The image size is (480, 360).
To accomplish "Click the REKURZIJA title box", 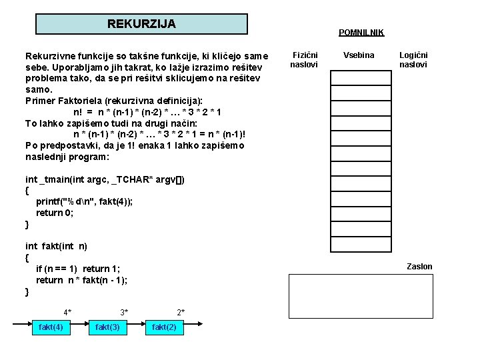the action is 141,24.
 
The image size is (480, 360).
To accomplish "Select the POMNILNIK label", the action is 361,33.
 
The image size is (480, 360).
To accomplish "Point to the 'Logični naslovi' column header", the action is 413,60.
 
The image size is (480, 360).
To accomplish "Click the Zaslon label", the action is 419,267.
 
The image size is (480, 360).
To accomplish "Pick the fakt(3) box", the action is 108,327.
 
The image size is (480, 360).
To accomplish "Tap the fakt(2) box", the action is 164,327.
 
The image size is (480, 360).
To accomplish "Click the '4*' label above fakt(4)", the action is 67,312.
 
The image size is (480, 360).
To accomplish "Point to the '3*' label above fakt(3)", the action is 124,312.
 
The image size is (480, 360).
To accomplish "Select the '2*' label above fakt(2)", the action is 181,312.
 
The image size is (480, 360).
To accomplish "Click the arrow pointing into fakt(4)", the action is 21,327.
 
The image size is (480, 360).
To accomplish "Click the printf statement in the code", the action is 84,202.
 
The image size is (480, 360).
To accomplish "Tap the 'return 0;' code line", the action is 55,213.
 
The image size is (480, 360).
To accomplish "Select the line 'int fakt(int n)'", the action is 56,246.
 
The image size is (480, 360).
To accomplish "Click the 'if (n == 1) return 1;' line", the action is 78,269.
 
